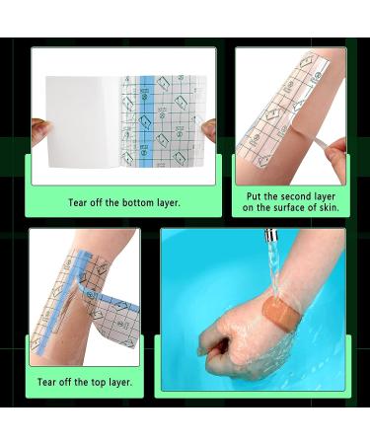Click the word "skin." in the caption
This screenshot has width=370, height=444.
coord(329,208)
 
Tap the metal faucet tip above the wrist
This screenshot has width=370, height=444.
coord(271,236)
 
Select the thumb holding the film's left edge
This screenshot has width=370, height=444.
coord(41,131)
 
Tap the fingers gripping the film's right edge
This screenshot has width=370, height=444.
coord(208,130)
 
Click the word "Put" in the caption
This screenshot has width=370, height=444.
coord(254,196)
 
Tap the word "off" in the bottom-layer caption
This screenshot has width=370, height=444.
coord(97,202)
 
